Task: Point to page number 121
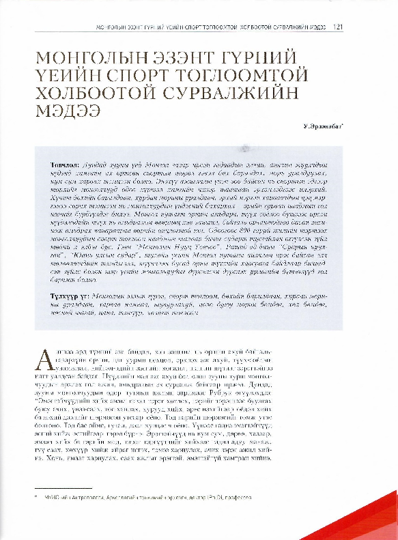click(x=337, y=28)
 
